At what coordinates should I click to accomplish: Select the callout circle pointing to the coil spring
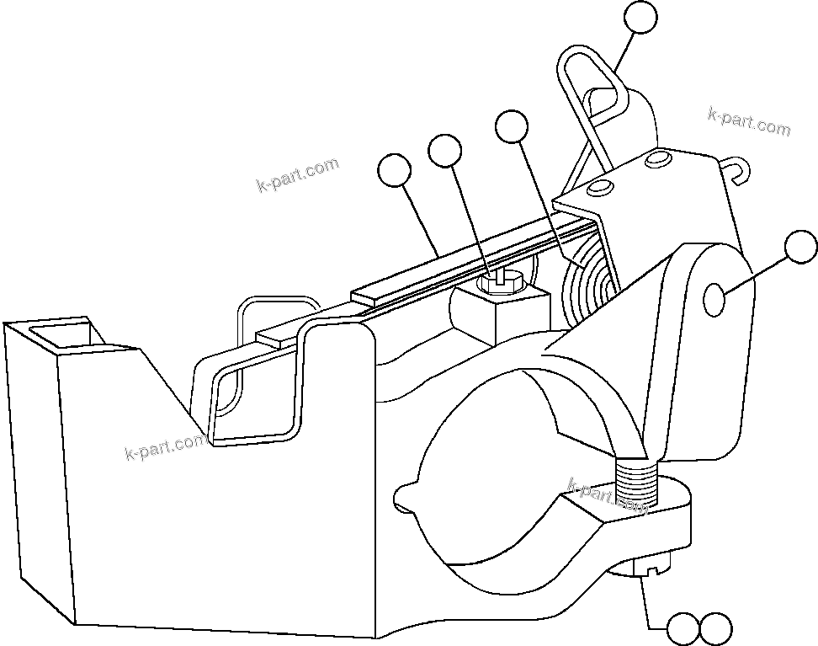click(512, 126)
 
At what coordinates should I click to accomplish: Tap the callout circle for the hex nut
click(444, 152)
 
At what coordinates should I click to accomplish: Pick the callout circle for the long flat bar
click(394, 171)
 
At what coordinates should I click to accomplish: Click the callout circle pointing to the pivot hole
click(800, 248)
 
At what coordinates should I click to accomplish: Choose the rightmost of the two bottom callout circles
click(716, 628)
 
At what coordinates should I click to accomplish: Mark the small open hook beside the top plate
click(735, 171)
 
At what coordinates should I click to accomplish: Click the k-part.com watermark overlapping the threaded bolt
click(608, 496)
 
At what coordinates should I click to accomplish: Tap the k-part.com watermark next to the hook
click(749, 122)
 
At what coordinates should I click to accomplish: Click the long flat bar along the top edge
click(471, 261)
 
